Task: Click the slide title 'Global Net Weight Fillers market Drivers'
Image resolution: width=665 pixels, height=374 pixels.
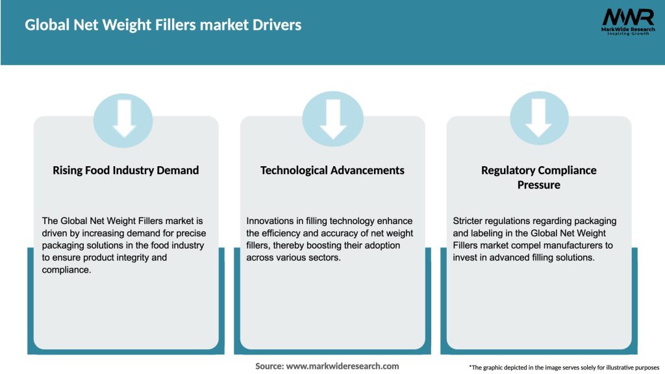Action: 163,25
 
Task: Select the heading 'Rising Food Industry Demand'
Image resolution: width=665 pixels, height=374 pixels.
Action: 125,170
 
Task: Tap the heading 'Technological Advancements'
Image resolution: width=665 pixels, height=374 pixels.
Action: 332,170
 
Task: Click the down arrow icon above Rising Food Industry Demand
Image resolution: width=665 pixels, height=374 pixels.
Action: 123,118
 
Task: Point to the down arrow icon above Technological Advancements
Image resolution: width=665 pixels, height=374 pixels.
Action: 332,118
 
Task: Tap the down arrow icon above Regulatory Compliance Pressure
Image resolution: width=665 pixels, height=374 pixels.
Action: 539,118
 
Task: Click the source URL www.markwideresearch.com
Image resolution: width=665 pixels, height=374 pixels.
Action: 342,366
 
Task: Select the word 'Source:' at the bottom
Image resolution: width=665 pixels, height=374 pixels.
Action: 270,366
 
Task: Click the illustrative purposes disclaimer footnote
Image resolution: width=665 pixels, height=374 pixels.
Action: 564,368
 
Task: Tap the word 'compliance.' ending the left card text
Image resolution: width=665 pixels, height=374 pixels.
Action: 66,269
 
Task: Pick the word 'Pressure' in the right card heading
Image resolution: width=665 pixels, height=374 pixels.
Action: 538,185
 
